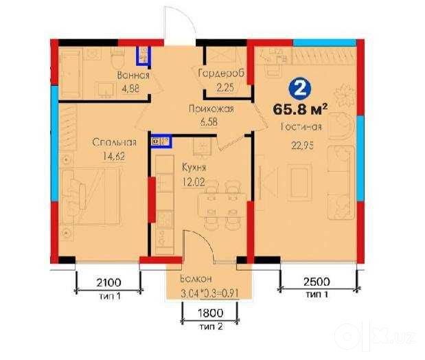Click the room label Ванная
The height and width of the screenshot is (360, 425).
tap(133, 75)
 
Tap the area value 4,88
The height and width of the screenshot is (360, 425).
tap(130, 89)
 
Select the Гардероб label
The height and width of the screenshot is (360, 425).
tap(221, 74)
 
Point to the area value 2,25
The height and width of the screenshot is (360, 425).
tap(225, 87)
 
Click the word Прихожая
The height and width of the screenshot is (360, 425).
tap(211, 109)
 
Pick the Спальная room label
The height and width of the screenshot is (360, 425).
tap(114, 142)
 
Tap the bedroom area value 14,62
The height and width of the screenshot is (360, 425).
tap(114, 156)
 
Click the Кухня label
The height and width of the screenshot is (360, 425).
tap(194, 168)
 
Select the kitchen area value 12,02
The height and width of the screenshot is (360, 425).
tap(193, 181)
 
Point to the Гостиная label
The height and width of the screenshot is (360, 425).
tap(301, 126)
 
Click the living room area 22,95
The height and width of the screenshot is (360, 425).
tap(303, 146)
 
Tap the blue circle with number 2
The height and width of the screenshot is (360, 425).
tap(300, 88)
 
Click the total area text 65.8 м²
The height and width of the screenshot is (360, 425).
tap(300, 109)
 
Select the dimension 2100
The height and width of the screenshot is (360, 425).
tap(109, 282)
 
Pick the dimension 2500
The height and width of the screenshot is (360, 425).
tap(317, 282)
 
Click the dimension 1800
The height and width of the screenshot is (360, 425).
tap(211, 313)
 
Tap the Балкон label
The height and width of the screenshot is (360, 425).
tap(196, 279)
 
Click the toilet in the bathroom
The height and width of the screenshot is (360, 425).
tap(117, 59)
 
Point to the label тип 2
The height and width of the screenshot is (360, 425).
tap(211, 326)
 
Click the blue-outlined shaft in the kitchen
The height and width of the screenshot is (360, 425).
tap(161, 141)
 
